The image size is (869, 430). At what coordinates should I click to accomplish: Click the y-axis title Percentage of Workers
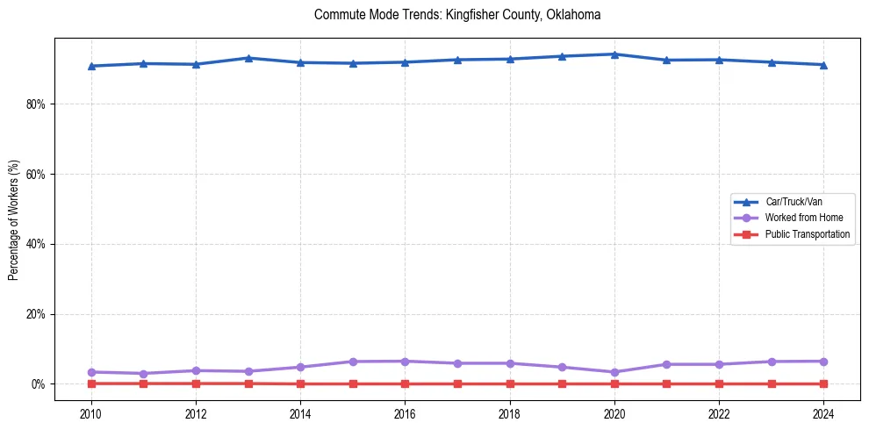[x=14, y=220]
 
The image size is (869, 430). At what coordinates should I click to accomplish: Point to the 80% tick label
[x=36, y=104]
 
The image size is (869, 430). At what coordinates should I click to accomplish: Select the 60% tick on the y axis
[x=36, y=174]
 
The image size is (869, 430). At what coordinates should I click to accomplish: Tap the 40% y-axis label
[x=36, y=244]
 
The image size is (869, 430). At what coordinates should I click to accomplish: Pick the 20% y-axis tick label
[x=36, y=314]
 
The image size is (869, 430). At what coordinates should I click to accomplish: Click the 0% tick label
[x=39, y=384]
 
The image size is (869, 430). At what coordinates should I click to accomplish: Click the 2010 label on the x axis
[x=90, y=412]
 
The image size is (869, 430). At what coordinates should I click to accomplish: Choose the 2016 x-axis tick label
[x=405, y=412]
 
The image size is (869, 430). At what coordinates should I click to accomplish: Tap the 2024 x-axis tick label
[x=823, y=412]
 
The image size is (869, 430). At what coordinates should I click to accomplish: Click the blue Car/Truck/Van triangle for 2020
[x=614, y=54]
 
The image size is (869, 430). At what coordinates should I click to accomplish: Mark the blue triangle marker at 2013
[x=248, y=58]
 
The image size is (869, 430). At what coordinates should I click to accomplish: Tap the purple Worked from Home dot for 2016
[x=405, y=362]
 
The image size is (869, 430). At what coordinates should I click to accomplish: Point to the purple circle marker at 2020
[x=614, y=372]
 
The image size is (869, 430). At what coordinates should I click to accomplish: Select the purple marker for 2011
[x=143, y=374]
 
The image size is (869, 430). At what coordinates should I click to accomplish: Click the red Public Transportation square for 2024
[x=823, y=383]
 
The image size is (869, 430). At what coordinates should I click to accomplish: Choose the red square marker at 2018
[x=510, y=383]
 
